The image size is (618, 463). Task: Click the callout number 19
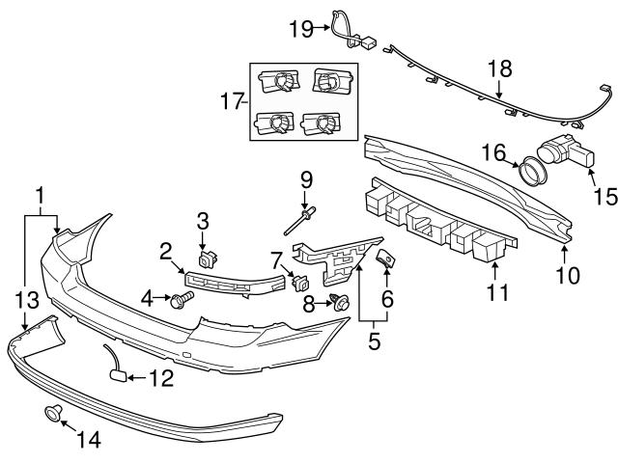pos(299,29)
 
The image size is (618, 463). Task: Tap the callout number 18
pos(499,70)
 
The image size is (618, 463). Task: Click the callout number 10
pos(568,276)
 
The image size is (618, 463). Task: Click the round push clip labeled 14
pos(54,415)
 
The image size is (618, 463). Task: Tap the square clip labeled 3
pos(206,259)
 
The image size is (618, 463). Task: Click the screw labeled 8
pos(340,302)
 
